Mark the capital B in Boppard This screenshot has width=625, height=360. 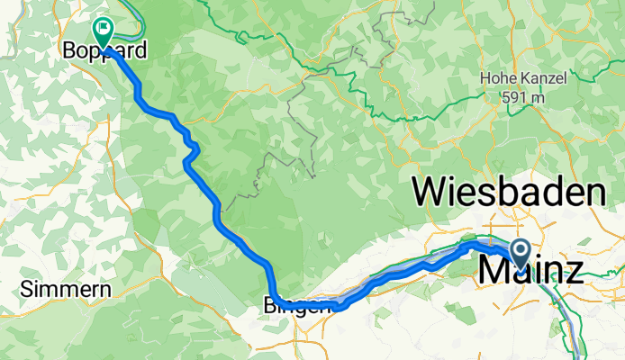(x=68, y=52)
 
